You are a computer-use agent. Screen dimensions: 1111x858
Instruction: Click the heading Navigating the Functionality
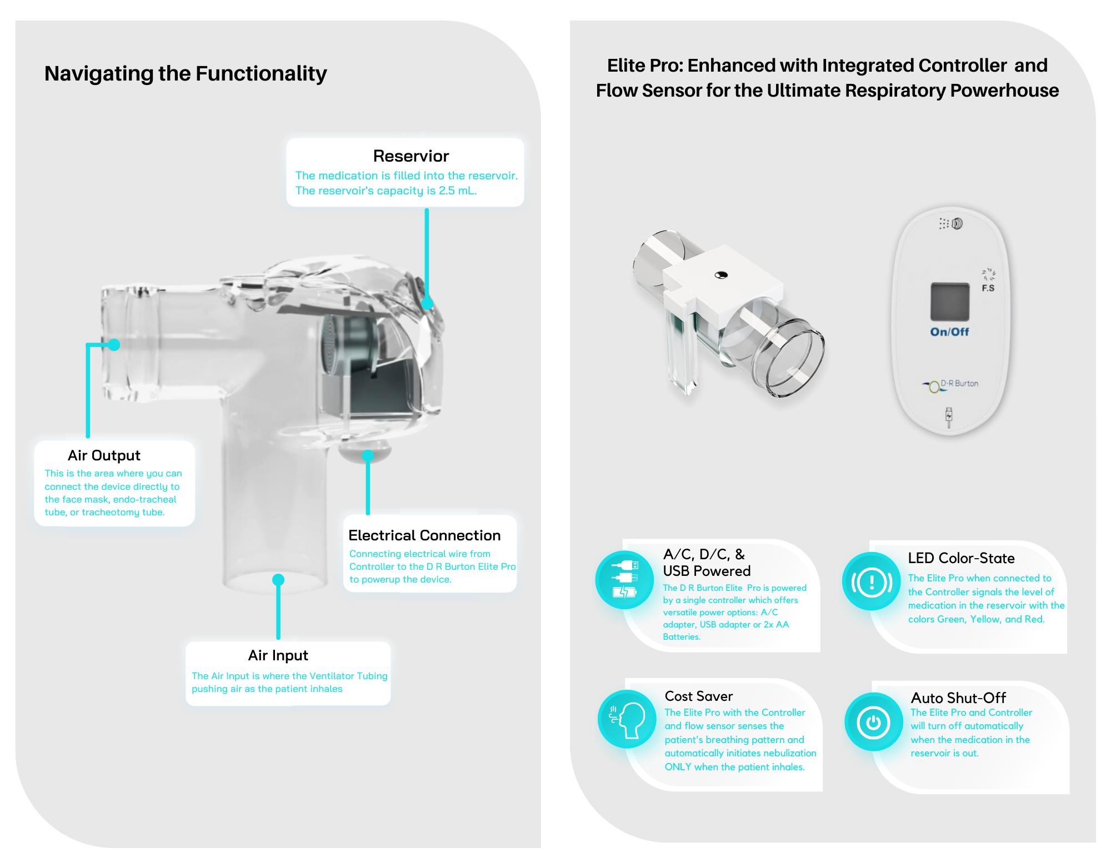click(x=186, y=73)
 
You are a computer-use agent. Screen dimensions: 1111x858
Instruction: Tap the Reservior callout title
click(x=411, y=156)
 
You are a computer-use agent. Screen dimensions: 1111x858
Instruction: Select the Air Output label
click(x=104, y=455)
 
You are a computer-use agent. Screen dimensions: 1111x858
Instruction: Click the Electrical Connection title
click(x=424, y=535)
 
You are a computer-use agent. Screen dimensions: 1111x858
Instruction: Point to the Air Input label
click(x=278, y=655)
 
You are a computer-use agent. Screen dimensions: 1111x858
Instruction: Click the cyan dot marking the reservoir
click(x=427, y=303)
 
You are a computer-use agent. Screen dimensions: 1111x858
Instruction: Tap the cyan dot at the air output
click(x=114, y=345)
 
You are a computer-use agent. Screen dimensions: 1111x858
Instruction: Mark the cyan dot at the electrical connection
click(x=367, y=456)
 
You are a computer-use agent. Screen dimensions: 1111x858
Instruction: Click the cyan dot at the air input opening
click(x=278, y=580)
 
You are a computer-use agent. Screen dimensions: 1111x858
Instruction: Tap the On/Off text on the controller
click(x=949, y=332)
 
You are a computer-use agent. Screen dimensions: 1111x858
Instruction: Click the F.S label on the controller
click(x=988, y=288)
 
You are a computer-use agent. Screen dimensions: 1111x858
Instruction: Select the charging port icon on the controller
click(x=949, y=418)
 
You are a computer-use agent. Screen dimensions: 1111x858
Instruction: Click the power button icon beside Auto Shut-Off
click(x=873, y=722)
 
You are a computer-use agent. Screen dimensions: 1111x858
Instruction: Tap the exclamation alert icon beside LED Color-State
click(x=871, y=581)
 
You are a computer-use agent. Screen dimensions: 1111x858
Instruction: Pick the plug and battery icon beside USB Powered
click(x=624, y=579)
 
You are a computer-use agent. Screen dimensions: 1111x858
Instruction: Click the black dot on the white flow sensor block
click(x=721, y=274)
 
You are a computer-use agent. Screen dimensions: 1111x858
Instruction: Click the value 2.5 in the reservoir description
click(x=447, y=190)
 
